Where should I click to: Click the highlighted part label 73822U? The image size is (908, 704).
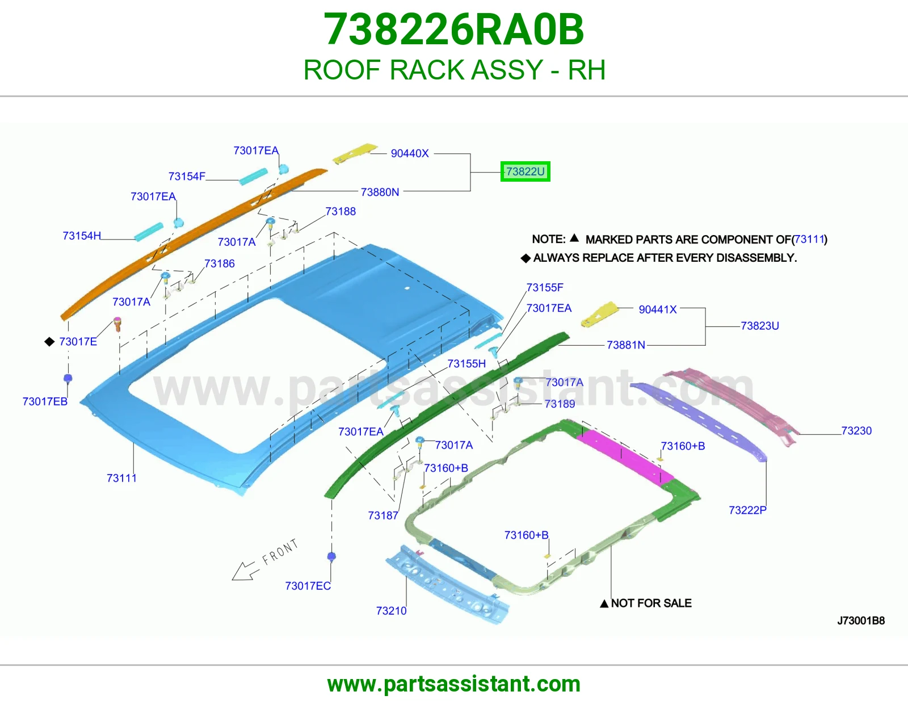[526, 172]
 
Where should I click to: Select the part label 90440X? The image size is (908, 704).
[410, 153]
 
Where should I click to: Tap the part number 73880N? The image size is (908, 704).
[380, 192]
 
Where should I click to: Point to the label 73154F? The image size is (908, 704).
[187, 177]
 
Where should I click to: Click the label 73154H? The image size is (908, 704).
[82, 236]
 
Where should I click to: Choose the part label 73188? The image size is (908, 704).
[340, 212]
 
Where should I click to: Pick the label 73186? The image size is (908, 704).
[220, 263]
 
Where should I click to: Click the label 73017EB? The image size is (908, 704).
[45, 401]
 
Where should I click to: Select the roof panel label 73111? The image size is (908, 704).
[121, 478]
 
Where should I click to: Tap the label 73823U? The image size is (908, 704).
[760, 326]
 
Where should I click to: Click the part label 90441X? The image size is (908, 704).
[658, 309]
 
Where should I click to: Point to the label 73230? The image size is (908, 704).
[856, 430]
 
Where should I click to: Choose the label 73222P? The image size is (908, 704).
[747, 510]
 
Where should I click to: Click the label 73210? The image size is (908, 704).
[391, 611]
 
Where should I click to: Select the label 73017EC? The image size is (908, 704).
[308, 586]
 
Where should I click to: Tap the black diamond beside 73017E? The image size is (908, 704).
[49, 342]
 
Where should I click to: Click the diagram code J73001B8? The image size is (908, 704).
[861, 621]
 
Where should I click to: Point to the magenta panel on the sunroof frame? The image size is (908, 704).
[625, 456]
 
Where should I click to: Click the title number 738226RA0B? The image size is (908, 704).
[454, 30]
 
